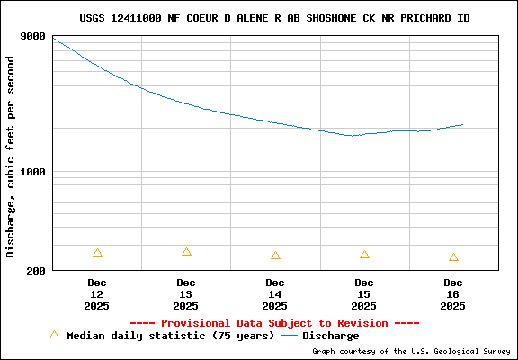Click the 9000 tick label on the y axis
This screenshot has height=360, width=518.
click(32, 36)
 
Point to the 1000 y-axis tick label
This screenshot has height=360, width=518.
click(32, 172)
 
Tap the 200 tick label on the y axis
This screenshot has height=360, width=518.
click(36, 270)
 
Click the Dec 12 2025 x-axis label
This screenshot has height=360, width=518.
click(97, 294)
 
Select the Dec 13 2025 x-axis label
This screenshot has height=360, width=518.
click(186, 294)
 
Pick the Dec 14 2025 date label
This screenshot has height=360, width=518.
click(275, 294)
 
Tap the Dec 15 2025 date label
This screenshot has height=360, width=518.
click(364, 294)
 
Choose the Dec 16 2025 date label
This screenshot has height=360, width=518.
click(453, 294)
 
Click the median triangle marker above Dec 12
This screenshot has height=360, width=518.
click(97, 253)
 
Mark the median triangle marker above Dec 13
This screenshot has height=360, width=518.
click(186, 252)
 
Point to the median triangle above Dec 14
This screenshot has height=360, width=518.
click(275, 256)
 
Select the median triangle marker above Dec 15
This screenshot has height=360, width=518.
click(364, 255)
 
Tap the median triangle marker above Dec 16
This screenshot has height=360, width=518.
click(453, 257)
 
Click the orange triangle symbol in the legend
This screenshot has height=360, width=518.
click(54, 335)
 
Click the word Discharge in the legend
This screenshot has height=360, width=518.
click(330, 336)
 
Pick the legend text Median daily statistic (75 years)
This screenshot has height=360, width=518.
click(170, 336)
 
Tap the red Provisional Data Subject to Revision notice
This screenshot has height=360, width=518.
click(274, 322)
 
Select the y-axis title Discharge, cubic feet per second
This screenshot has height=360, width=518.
click(11, 157)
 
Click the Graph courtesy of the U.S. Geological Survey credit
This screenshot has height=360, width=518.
click(410, 351)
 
